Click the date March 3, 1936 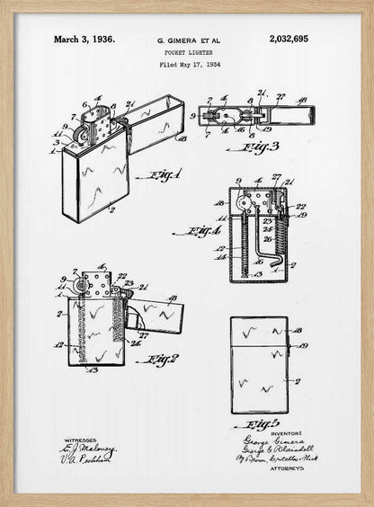tap(84, 40)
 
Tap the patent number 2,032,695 tap(288, 40)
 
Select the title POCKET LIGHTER tap(189, 53)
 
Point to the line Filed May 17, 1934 tap(189, 65)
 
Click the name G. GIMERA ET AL tap(189, 41)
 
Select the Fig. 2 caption tap(161, 360)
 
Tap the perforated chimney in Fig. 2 tap(95, 285)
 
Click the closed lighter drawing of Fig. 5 tap(259, 364)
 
